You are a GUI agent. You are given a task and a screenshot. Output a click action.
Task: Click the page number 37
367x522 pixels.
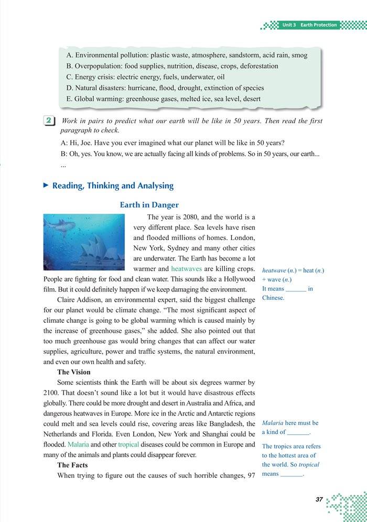(319, 499)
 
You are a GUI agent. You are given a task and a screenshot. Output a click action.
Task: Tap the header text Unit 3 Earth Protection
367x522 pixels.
(309, 25)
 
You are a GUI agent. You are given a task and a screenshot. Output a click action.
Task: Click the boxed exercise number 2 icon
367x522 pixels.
(48, 121)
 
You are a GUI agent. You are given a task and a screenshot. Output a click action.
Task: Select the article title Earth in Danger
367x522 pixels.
(149, 205)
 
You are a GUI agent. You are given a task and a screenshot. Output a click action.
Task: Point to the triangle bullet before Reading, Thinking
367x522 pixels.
(46, 186)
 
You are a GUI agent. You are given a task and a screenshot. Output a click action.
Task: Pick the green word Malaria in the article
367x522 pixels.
(79, 444)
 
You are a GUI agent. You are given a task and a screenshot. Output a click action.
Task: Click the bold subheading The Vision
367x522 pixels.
(74, 372)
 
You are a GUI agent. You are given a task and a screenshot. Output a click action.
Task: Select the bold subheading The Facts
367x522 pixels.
(72, 465)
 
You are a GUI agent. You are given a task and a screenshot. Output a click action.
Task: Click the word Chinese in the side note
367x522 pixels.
(273, 298)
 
